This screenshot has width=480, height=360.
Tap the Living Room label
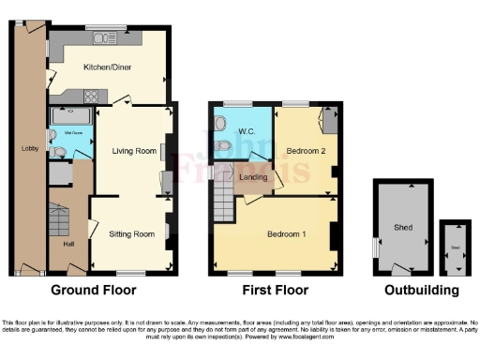coord(134,150)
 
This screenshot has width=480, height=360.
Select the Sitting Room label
coord(131,232)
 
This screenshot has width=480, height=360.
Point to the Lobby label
coord(28,147)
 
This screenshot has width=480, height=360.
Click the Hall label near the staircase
coord(68,245)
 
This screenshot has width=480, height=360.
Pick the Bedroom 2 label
coord(306,151)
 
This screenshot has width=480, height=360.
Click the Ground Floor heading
coord(93,290)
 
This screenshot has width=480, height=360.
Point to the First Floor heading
coord(276,290)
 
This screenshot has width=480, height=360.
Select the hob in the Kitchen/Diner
coord(92,95)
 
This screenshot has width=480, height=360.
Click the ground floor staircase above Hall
coord(59,220)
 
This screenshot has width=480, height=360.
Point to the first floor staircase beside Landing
coord(223,198)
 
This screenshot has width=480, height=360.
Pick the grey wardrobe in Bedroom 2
coord(329,118)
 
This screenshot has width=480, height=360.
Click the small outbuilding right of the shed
coord(455,247)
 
